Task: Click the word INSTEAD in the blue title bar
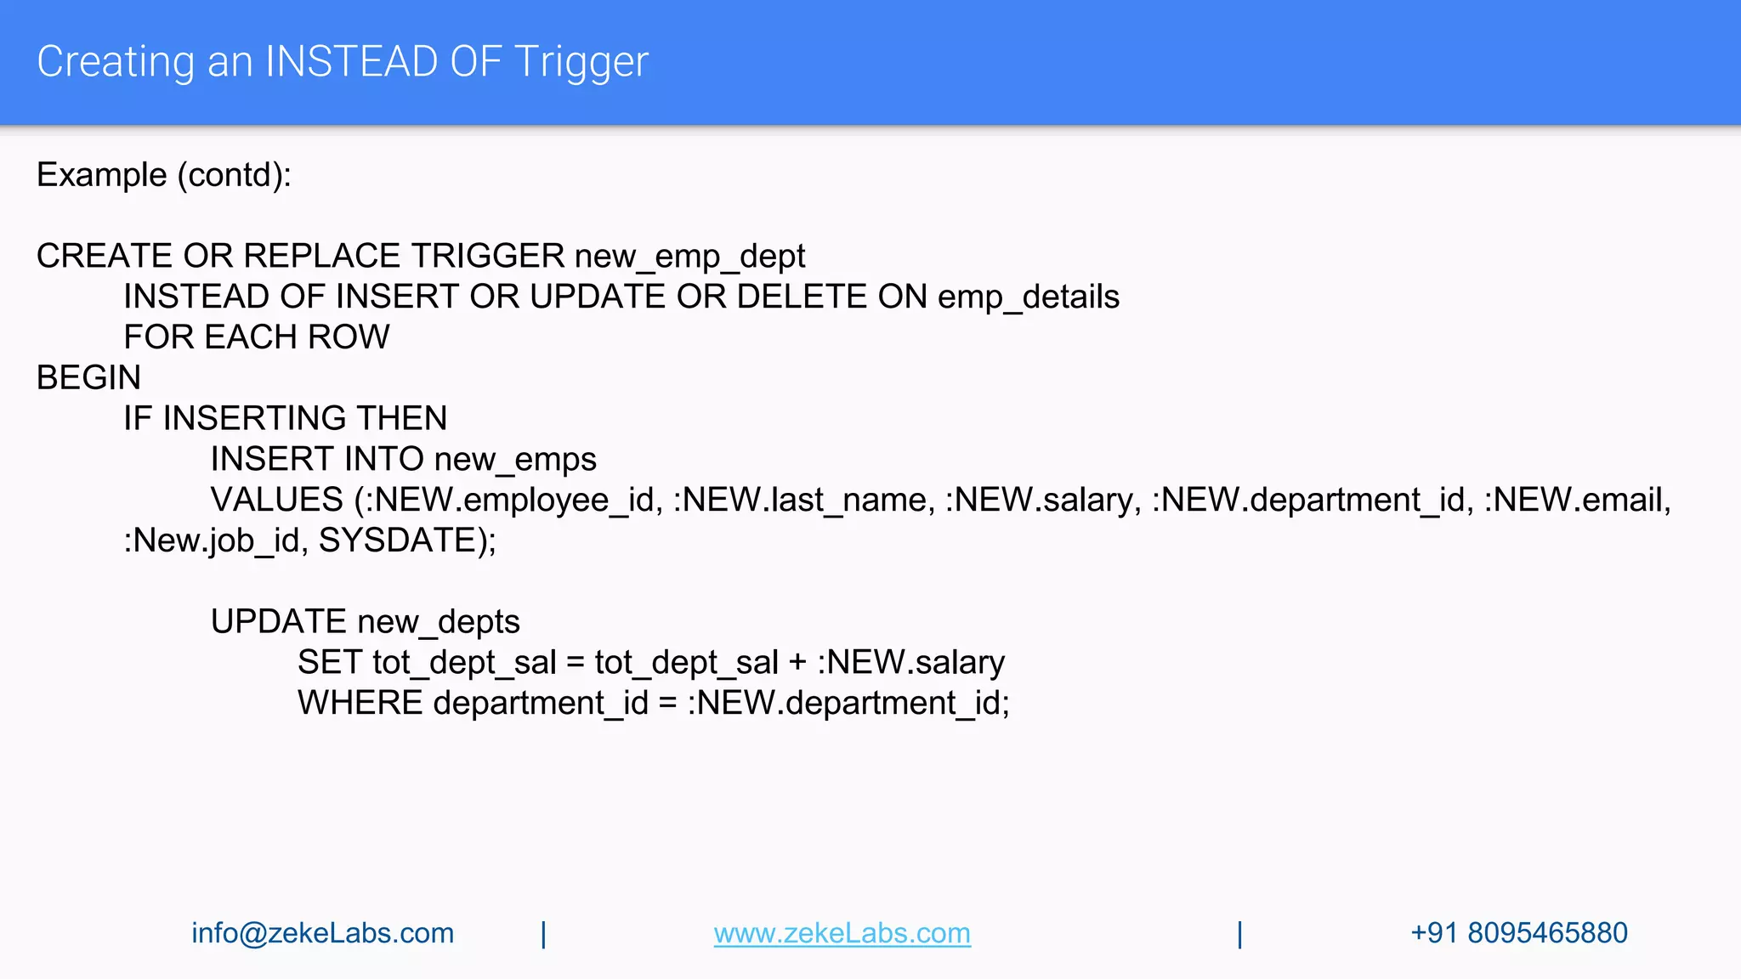pos(351,62)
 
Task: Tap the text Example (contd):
pos(164,175)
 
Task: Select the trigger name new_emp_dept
pos(689,257)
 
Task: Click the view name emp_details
pos(1028,297)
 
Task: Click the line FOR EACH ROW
pos(257,337)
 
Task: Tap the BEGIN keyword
pos(88,378)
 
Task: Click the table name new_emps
pos(514,460)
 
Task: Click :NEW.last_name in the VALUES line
pos(803,500)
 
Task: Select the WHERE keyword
pos(360,704)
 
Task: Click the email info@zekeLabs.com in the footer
pos(322,933)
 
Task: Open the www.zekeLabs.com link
pos(842,933)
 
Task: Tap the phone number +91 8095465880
pos(1518,933)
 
